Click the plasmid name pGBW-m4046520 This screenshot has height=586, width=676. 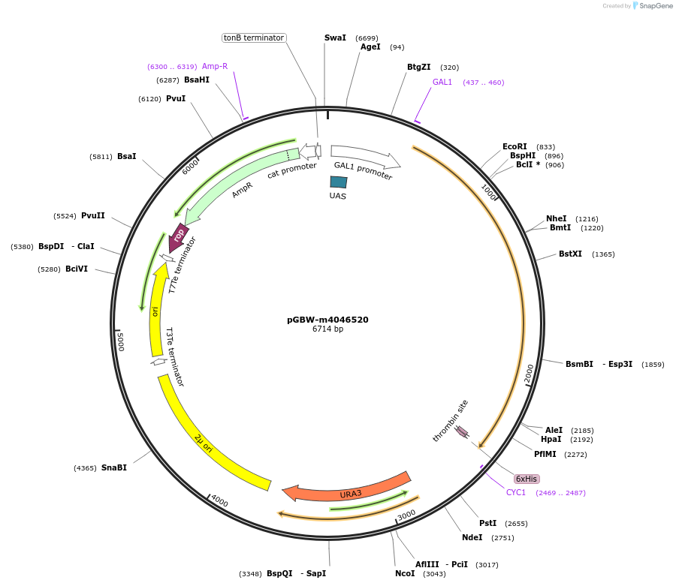(327, 319)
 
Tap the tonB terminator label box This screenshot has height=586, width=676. (254, 38)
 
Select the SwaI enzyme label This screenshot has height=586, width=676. (335, 38)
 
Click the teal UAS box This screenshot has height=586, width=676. (339, 182)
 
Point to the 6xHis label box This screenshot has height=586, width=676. (527, 479)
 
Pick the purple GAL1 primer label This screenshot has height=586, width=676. (442, 82)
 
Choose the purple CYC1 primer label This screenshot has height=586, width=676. (516, 492)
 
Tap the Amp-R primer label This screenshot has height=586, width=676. (215, 66)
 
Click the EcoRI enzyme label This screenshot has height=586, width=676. (515, 146)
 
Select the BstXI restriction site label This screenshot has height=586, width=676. (570, 254)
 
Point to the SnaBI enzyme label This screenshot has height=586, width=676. (114, 467)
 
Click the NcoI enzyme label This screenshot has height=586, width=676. (405, 573)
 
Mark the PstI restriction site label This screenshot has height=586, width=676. (488, 523)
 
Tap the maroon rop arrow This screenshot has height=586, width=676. (180, 233)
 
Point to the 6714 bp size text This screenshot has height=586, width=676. (327, 329)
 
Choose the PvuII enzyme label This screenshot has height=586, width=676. (93, 215)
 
